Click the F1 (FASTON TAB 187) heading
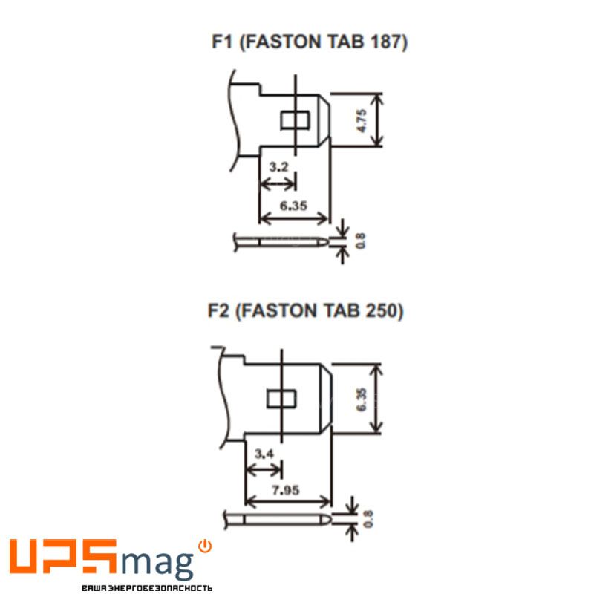(x=310, y=42)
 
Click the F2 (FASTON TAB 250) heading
(x=306, y=310)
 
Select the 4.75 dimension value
(x=362, y=120)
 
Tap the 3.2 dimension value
(x=278, y=166)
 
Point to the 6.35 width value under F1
(x=293, y=206)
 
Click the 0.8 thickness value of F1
(x=361, y=241)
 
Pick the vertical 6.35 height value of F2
(x=362, y=399)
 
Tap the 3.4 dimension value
(x=264, y=454)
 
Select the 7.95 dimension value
(x=286, y=490)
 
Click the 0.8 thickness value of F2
(x=368, y=518)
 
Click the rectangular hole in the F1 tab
(x=295, y=120)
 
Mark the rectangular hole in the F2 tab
(x=281, y=399)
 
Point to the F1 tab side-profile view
(x=281, y=242)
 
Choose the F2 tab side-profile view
(x=278, y=519)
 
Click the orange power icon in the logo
(x=205, y=546)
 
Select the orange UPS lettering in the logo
(x=63, y=555)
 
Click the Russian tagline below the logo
(x=147, y=588)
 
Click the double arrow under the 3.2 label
(x=278, y=184)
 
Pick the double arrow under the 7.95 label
(x=289, y=502)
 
